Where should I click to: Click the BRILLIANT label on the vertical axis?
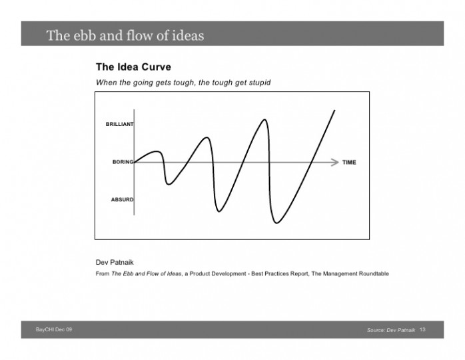pyautogui.click(x=119, y=124)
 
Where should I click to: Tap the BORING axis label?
pyautogui.click(x=123, y=162)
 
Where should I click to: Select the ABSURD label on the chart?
pyautogui.click(x=122, y=199)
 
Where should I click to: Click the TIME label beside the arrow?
pyautogui.click(x=349, y=162)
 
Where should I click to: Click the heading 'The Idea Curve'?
pyautogui.click(x=133, y=67)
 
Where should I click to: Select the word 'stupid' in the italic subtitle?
pyautogui.click(x=258, y=82)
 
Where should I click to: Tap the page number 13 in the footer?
pyautogui.click(x=422, y=331)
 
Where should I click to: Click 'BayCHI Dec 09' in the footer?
pyautogui.click(x=54, y=331)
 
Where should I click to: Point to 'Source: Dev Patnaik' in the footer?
pyautogui.click(x=391, y=331)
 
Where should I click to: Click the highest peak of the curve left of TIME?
pyautogui.click(x=265, y=120)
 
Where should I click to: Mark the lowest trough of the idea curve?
pyautogui.click(x=277, y=223)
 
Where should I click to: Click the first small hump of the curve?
pyautogui.click(x=157, y=152)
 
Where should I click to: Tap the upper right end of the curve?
pyautogui.click(x=334, y=110)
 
